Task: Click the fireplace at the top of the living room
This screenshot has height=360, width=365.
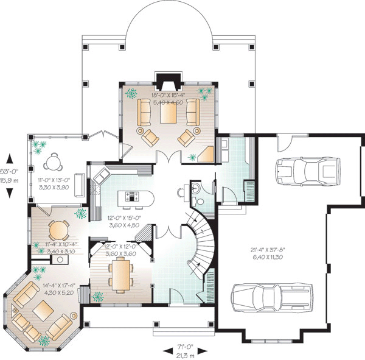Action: [x=169, y=82]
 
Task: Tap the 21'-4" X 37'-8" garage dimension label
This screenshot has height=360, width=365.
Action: [x=268, y=250]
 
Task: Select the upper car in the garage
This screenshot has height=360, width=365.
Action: [x=308, y=171]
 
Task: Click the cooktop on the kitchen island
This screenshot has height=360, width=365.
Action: [x=132, y=196]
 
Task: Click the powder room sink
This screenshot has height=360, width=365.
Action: [x=195, y=188]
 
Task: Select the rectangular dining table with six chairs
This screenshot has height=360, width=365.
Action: [x=120, y=275]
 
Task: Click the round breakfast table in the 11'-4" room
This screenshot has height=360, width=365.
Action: [x=59, y=230]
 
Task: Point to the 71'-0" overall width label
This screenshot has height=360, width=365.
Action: [x=185, y=347]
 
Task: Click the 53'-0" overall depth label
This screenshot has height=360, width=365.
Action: [x=9, y=172]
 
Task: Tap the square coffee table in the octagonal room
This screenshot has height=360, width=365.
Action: [x=43, y=311]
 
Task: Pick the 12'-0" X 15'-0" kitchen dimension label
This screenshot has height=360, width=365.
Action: [x=124, y=218]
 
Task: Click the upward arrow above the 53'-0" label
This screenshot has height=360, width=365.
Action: [x=10, y=158]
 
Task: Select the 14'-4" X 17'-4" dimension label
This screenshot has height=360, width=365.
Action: [x=60, y=286]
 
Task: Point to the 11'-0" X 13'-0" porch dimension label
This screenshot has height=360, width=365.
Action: [x=54, y=180]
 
